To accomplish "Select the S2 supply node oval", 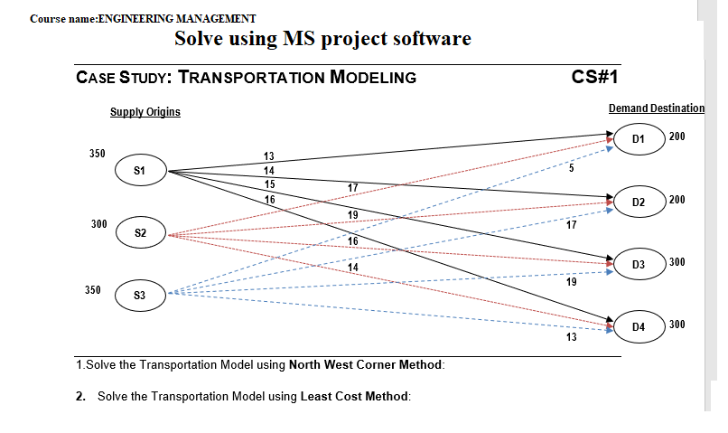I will (140, 233).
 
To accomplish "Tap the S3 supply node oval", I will (140, 295).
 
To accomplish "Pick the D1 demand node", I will (639, 140).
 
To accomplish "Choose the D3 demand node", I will (639, 264).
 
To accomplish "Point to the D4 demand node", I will (639, 325).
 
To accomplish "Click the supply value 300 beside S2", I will (99, 222).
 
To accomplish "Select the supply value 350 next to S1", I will (98, 154).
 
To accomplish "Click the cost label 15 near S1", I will (268, 184).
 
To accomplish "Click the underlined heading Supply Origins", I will (145, 112).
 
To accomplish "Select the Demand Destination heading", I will (656, 108).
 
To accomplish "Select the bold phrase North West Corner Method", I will (366, 365).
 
